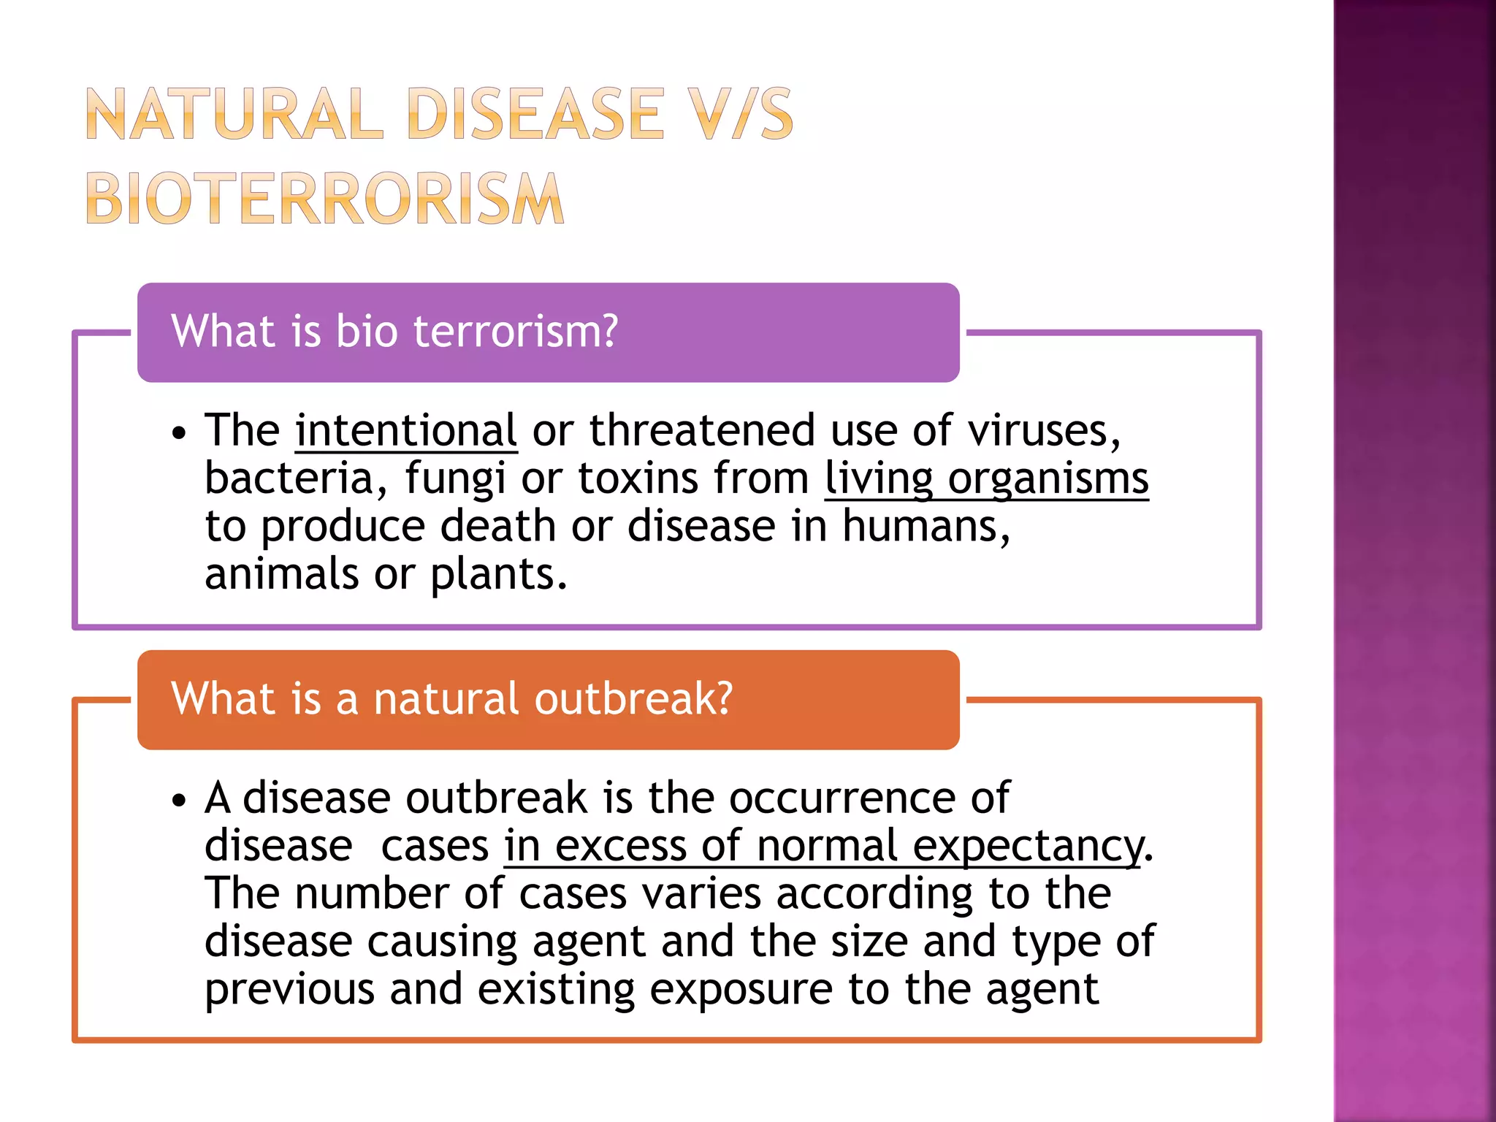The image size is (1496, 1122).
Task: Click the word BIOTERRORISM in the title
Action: pos(325,199)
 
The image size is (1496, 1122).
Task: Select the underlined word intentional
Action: pos(406,430)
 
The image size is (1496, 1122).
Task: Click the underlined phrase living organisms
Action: pos(986,478)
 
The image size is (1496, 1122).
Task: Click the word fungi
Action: pos(455,478)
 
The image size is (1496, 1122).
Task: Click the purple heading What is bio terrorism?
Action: pos(394,331)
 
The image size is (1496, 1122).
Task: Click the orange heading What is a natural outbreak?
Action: pos(451,698)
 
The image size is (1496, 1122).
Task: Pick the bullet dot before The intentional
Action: pos(179,434)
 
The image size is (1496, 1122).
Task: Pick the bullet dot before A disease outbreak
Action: pos(179,801)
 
